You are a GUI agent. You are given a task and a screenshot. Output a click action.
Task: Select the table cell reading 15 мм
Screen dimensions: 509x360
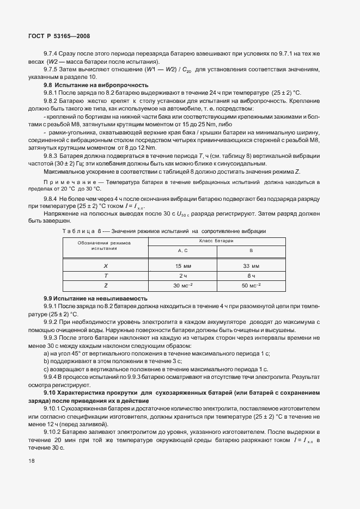183,266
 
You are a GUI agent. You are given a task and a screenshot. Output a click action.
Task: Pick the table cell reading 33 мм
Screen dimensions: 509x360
251,266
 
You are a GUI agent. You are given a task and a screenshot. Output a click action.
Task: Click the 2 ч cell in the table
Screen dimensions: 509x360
183,275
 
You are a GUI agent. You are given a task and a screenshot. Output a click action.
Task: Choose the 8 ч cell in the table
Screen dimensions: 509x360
251,275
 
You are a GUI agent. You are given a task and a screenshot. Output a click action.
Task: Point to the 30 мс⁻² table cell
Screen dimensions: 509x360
183,285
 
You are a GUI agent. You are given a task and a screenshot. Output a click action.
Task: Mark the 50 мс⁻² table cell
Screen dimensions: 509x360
251,285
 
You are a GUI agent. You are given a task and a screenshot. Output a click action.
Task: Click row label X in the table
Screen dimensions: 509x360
106,266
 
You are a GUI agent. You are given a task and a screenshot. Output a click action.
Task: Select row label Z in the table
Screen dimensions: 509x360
106,285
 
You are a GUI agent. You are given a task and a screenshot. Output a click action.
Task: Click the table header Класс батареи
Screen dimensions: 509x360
216,240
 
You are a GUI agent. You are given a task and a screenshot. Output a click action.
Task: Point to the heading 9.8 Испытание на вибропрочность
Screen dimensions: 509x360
96,85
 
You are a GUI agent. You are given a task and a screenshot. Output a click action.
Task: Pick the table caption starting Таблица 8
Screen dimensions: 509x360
164,231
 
